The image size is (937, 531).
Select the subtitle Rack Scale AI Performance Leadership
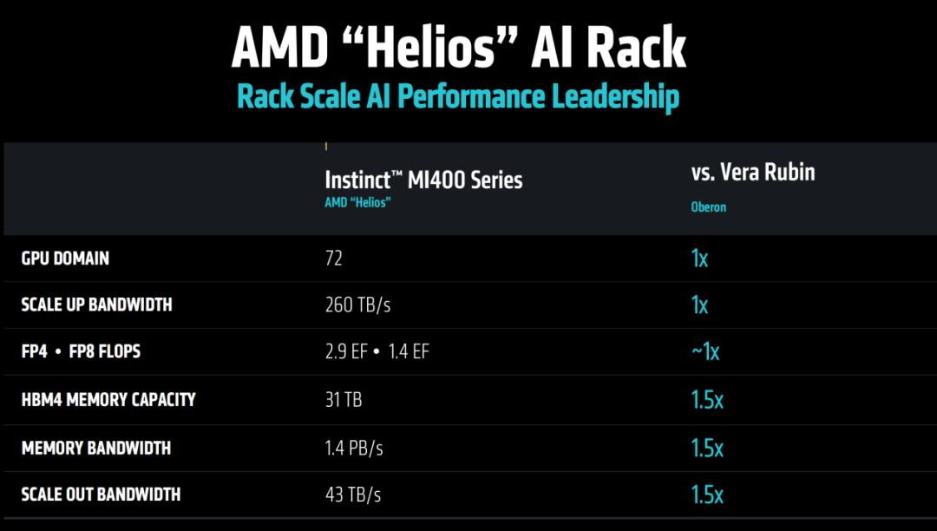tap(458, 96)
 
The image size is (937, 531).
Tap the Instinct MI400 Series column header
tap(423, 180)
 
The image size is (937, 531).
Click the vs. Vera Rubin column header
tap(753, 172)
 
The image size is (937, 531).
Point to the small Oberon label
tap(708, 207)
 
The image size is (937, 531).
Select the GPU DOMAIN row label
tap(65, 259)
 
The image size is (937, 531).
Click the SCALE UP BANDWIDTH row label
tap(96, 305)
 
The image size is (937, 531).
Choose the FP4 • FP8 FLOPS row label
tap(81, 351)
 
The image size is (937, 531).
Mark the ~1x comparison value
tap(705, 351)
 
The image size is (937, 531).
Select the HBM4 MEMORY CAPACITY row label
tap(108, 399)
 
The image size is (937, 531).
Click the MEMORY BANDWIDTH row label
tap(95, 448)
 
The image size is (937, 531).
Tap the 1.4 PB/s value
tap(354, 449)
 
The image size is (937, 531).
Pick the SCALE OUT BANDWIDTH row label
tap(101, 495)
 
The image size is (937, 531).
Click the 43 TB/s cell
tap(353, 495)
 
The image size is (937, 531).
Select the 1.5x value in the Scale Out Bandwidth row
tap(707, 495)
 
